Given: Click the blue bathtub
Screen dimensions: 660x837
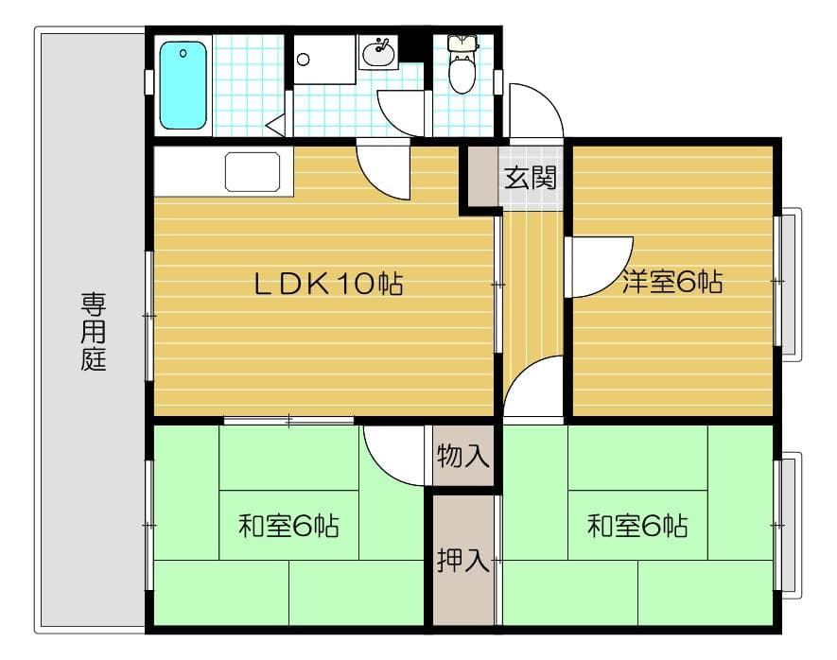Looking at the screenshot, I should pos(183,85).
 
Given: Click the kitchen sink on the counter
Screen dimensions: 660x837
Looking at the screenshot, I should pos(253,171).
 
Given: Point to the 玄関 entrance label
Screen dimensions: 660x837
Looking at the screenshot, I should pos(530,178).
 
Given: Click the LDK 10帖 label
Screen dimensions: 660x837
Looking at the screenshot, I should pos(328,284).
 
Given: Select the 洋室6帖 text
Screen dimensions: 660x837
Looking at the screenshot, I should pos(672,281).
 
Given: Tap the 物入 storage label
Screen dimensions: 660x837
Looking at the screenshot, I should pos(463,458).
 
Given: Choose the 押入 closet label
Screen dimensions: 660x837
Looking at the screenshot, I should pos(463,560).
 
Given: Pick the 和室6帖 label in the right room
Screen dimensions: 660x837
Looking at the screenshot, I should pos(636,526).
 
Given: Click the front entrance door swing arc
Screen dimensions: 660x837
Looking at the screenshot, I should pos(534,110).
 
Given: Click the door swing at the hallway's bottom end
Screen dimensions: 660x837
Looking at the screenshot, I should pos(533,388).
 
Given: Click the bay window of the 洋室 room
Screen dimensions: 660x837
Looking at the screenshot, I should pos(788,282).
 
